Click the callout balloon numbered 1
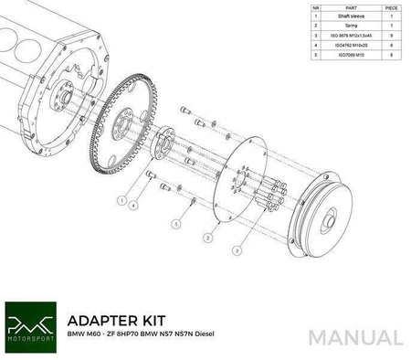pyautogui.click(x=121, y=198)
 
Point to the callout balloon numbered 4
pyautogui.click(x=134, y=206)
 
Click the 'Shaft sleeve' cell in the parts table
pyautogui.click(x=351, y=16)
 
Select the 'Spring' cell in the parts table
pyautogui.click(x=351, y=28)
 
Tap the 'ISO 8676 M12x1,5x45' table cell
pyautogui.click(x=351, y=40)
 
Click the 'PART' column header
pyautogui.click(x=351, y=5)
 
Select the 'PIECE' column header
pyautogui.click(x=391, y=5)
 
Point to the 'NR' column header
pyautogui.click(x=315, y=5)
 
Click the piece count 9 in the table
pyautogui.click(x=391, y=40)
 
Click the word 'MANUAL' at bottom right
pyautogui.click(x=355, y=336)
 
